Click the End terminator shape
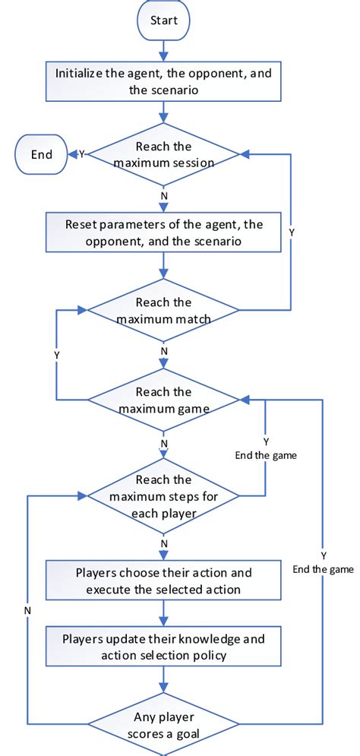tap(42, 154)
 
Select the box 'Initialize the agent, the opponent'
tap(163, 83)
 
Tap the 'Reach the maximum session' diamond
tap(163, 154)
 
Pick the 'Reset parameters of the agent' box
tap(163, 232)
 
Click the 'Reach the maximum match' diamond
tap(163, 310)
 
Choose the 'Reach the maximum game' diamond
tap(163, 400)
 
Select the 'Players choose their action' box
tap(163, 580)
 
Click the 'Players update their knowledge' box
tap(163, 647)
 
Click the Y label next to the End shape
tap(81, 154)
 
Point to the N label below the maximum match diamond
tap(163, 351)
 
